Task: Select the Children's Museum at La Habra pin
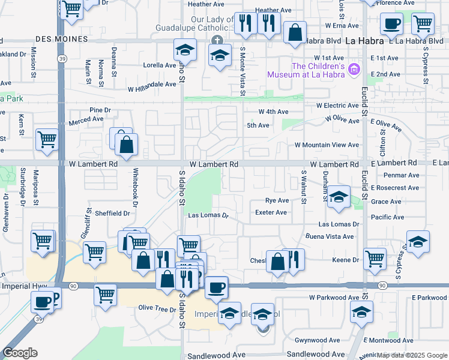[354, 70]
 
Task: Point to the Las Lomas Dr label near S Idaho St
[208, 215]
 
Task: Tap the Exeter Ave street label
[271, 212]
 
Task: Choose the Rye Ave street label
[277, 200]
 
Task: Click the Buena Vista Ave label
[330, 237]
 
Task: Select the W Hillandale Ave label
[152, 88]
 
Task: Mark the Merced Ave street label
[86, 119]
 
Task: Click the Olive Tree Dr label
[155, 308]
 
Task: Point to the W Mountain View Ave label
[327, 145]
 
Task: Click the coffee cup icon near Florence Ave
[391, 25]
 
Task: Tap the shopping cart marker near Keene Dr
[375, 259]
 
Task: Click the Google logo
[20, 353]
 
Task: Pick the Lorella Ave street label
[159, 65]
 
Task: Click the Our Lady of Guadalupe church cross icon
[217, 40]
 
